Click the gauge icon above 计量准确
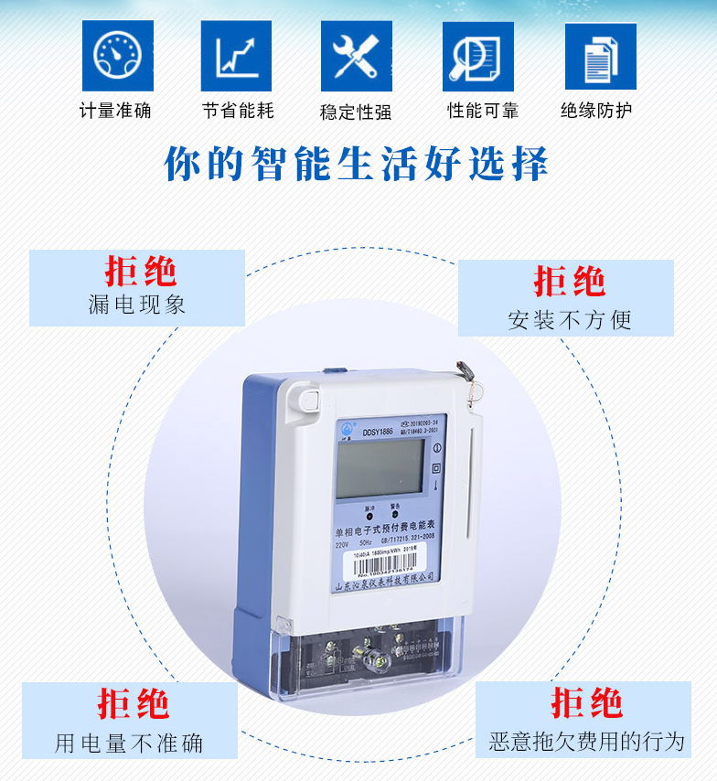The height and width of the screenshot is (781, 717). (118, 57)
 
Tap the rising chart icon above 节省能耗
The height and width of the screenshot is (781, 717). (236, 57)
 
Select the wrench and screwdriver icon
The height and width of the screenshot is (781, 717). (356, 57)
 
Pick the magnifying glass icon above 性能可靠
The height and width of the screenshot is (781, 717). (478, 57)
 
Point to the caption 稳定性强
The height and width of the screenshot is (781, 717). (356, 112)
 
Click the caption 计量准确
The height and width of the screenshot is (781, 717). (115, 111)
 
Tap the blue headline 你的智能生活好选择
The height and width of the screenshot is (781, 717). (357, 165)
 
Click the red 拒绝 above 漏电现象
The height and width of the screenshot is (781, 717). (140, 272)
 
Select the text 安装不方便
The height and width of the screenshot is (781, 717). (569, 320)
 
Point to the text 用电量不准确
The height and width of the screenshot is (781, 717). (129, 743)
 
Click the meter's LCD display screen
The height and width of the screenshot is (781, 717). (380, 467)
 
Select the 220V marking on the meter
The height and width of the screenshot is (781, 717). (345, 544)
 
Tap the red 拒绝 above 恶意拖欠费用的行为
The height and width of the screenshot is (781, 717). (586, 704)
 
